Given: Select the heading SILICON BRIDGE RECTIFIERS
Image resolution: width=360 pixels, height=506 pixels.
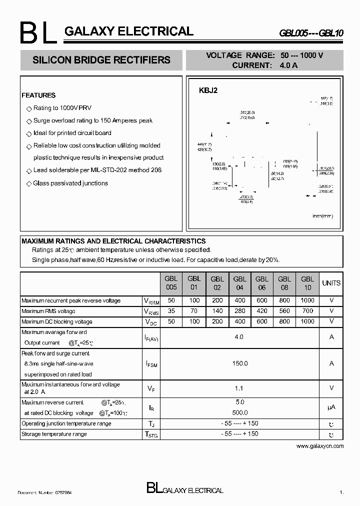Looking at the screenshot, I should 101,60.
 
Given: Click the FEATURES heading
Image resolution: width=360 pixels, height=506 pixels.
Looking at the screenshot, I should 38,95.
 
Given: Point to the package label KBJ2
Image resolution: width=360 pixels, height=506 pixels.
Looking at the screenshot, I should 208,90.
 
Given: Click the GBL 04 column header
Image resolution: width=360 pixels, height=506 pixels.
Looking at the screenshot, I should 239,283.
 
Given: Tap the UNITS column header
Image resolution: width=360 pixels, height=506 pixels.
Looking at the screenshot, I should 331,283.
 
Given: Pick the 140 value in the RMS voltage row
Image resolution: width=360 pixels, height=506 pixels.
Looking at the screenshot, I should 217,311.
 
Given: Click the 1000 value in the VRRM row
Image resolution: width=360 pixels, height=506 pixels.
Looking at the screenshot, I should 307,300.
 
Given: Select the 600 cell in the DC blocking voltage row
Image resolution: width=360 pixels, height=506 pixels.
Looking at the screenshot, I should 262,321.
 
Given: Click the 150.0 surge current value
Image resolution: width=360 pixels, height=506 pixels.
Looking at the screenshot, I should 239,363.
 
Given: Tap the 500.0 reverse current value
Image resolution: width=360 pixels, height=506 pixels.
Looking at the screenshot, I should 239,412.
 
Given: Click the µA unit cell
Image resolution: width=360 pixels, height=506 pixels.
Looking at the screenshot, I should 331,407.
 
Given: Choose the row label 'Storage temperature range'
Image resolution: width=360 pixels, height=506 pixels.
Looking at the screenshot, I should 54,434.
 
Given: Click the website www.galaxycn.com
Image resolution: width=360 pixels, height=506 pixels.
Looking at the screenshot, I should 320,445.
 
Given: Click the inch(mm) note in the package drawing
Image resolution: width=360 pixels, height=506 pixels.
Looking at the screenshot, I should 322,215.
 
